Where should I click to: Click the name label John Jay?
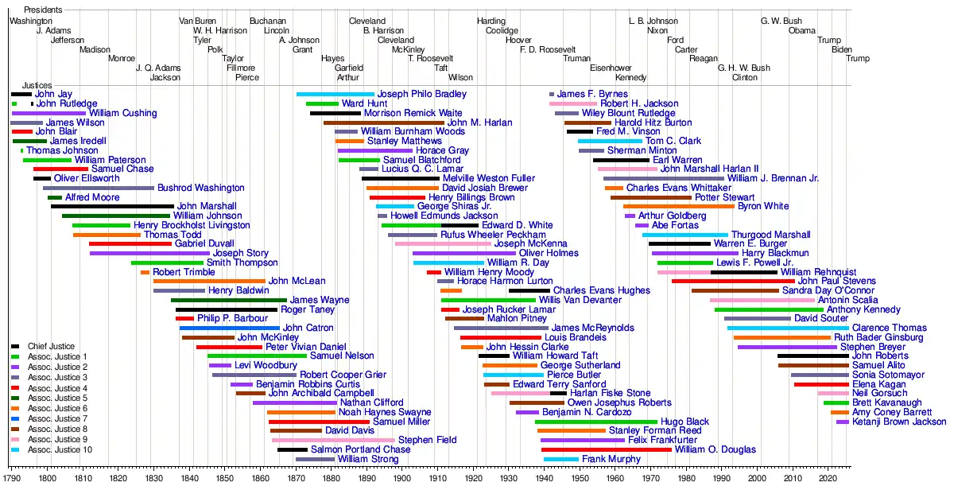(53, 94)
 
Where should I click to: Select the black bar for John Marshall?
(112, 207)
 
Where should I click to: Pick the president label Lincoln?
(277, 30)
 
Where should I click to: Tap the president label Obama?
(801, 30)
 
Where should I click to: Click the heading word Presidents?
(43, 10)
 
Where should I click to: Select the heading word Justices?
(37, 84)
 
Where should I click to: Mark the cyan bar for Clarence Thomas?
(787, 328)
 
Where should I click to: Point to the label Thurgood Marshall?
(770, 235)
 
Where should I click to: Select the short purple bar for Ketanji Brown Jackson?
(842, 422)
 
